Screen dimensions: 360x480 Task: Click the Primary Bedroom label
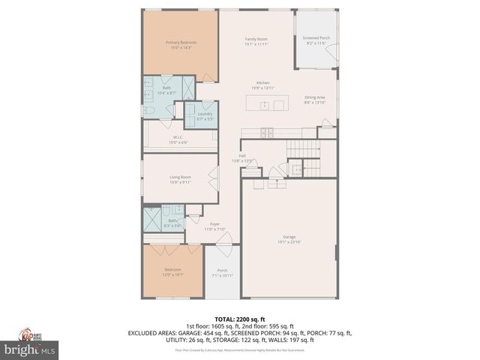181,45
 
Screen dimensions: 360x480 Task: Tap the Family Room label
256,41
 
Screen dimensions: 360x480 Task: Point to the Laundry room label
205,115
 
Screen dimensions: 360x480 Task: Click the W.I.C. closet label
178,139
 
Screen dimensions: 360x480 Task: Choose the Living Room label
181,179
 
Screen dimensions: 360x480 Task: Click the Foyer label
214,226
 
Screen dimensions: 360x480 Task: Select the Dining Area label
315,99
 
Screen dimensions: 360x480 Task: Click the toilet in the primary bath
150,111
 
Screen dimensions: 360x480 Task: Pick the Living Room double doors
214,180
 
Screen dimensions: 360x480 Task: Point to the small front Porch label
222,272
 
